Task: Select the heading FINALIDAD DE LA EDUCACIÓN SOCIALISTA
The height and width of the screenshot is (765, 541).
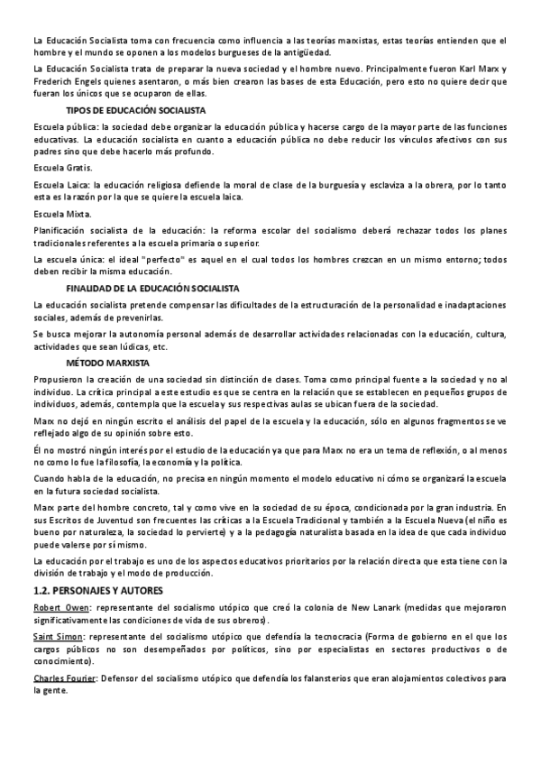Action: point(152,288)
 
